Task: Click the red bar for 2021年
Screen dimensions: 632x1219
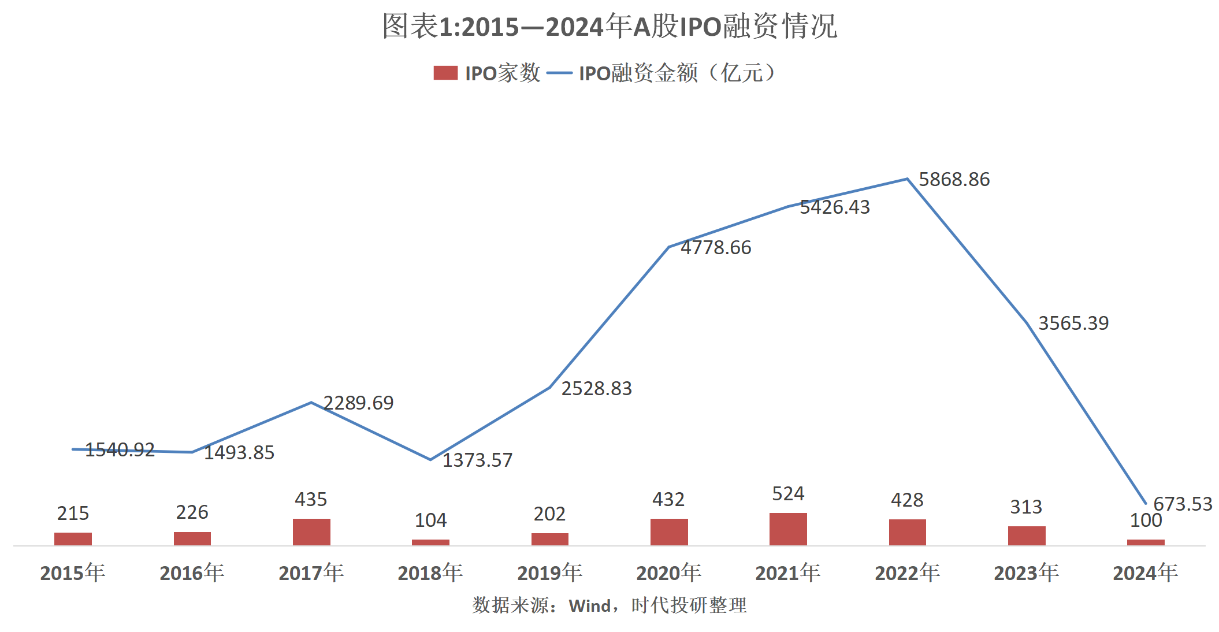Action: [788, 529]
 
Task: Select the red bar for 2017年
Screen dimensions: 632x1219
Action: [311, 532]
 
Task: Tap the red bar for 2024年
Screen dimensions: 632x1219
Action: [1146, 542]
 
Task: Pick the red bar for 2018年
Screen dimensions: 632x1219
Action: [430, 542]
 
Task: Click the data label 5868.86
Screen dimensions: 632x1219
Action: [954, 180]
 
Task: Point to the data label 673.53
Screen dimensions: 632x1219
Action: [1183, 504]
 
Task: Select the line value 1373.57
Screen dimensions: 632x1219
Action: [477, 460]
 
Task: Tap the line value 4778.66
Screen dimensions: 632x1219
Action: [716, 248]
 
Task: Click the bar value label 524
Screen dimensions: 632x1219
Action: [788, 494]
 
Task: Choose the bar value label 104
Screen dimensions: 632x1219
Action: [430, 521]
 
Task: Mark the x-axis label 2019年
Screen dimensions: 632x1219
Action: [549, 573]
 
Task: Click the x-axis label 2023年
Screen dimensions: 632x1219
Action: [1026, 573]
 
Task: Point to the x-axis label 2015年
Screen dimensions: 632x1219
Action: [73, 573]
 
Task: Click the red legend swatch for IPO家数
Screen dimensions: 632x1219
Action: [445, 73]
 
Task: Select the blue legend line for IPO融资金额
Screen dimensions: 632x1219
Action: [559, 73]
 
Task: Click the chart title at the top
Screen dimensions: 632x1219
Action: [609, 27]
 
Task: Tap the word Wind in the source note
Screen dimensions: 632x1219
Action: [590, 606]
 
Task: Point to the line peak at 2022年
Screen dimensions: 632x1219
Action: [908, 179]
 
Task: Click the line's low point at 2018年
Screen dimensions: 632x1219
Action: [430, 460]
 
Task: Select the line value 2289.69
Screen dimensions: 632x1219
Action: [358, 403]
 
